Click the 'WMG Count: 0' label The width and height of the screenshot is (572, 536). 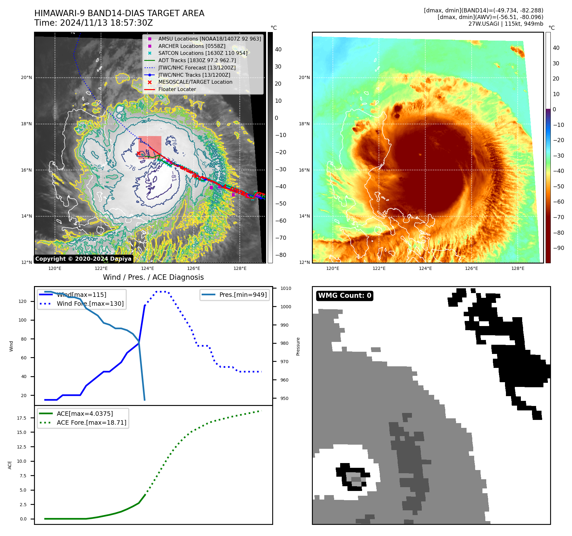pos(345,296)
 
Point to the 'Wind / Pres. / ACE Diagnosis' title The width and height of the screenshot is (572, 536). pos(153,277)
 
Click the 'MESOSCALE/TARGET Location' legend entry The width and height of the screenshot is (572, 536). pos(195,82)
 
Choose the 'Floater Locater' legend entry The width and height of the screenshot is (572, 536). pos(177,89)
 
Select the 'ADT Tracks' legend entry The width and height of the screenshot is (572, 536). pos(197,60)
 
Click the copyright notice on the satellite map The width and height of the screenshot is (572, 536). pos(83,259)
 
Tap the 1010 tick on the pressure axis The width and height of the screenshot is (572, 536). pos(286,288)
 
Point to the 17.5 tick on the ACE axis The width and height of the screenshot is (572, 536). pos(22,418)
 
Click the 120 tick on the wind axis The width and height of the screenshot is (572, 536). pos(23,301)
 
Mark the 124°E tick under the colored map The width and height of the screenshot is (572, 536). pos(425,268)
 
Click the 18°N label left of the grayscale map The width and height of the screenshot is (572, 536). pos(26,124)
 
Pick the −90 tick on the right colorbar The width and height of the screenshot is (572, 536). pos(558,248)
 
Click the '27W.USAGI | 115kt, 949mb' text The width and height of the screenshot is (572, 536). pos(506,24)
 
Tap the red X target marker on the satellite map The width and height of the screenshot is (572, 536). pos(138,154)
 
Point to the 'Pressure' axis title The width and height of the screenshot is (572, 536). pos(298,346)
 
